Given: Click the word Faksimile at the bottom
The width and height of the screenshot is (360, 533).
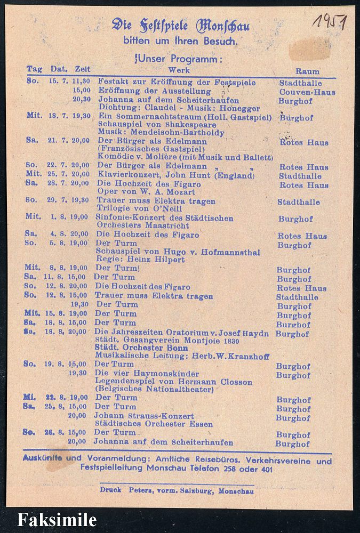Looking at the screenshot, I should [x=57, y=520].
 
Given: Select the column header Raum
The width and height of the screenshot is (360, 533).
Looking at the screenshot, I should [x=308, y=71].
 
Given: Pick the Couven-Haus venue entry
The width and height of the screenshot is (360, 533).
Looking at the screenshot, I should [x=308, y=92].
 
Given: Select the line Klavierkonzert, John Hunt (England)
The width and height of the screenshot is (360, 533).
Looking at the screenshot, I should [x=175, y=175].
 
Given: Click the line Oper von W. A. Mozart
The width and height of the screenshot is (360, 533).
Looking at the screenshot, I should [x=146, y=192].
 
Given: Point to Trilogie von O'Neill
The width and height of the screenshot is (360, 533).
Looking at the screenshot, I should [x=139, y=209].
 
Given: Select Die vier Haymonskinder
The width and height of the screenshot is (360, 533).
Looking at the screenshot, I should [x=147, y=373].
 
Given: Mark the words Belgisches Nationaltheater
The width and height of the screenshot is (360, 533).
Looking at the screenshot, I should [x=155, y=390].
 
